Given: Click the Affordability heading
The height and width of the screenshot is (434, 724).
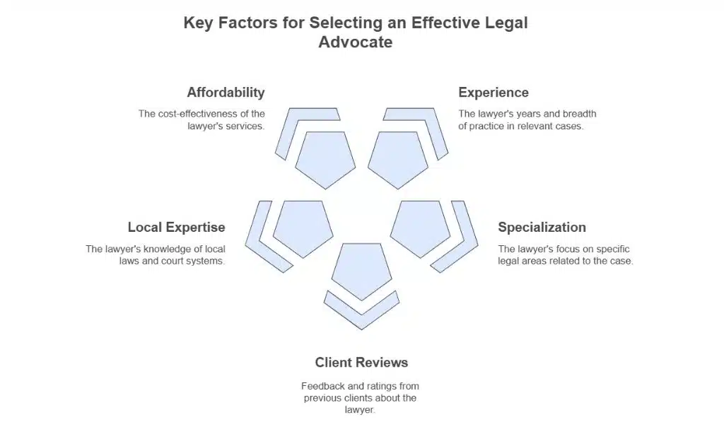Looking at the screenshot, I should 226,93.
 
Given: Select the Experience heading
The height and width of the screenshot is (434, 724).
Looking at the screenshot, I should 493,93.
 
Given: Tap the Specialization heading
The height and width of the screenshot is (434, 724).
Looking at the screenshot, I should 542,228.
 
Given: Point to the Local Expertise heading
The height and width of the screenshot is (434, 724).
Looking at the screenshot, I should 176,228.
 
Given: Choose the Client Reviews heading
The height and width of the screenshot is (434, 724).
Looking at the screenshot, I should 361,363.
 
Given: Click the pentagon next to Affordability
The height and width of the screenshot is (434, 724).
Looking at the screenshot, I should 325,158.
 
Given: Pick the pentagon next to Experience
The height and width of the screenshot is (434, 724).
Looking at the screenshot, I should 398,158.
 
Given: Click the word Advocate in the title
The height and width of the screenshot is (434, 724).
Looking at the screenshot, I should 355,42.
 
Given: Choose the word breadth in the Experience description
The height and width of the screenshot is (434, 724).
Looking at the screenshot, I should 579,114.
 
